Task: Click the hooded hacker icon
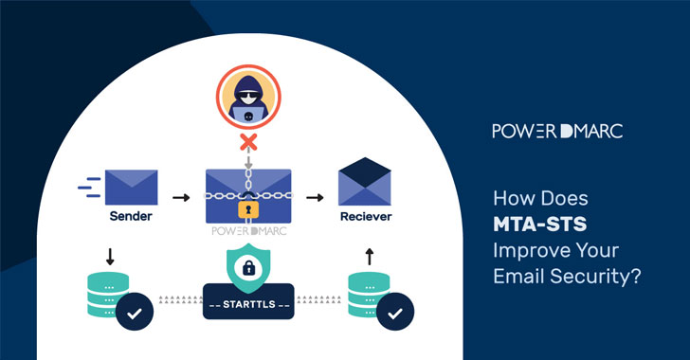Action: pos(248,100)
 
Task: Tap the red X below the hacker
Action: pos(248,142)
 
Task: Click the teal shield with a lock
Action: pos(248,269)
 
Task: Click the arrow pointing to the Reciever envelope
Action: pos(315,197)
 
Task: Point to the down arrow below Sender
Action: pos(111,256)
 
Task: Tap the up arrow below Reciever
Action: pos(368,256)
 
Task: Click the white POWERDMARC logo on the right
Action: pos(555,131)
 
